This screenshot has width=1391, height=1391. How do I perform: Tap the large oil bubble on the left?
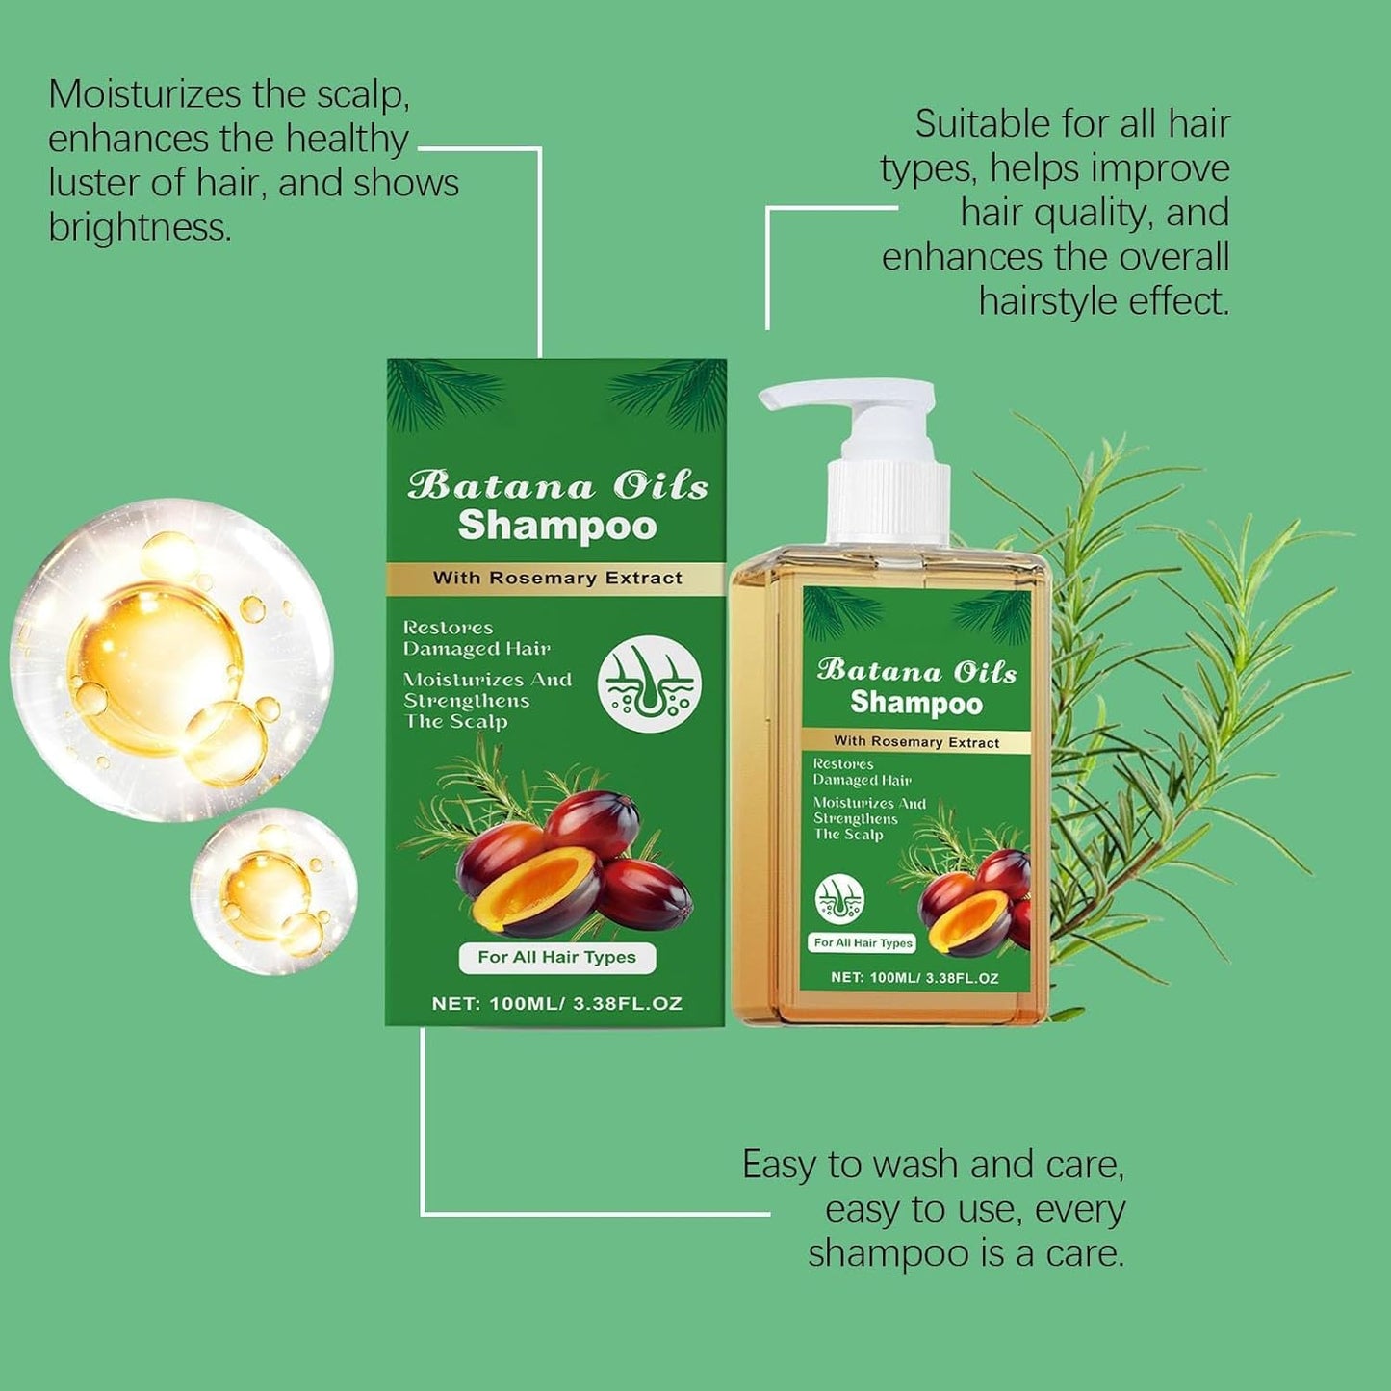point(170,659)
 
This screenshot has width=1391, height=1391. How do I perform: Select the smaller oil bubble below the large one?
point(273,890)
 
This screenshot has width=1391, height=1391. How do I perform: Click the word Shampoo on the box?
point(556,526)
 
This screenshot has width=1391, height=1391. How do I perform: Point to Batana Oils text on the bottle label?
point(916,670)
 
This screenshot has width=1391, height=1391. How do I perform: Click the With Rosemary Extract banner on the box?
point(556,578)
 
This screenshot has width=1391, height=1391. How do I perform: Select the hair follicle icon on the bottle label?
point(839,899)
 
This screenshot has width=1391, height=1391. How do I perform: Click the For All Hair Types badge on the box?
point(556,957)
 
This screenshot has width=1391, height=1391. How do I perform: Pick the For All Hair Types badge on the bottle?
point(863,942)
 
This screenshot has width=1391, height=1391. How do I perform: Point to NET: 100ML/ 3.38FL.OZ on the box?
point(556,1003)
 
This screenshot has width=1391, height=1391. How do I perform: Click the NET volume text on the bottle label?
point(914,978)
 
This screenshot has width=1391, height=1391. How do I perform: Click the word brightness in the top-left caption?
point(139,227)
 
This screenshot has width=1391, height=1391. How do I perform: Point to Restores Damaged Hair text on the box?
point(476,638)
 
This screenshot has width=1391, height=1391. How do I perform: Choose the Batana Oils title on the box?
point(556,484)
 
